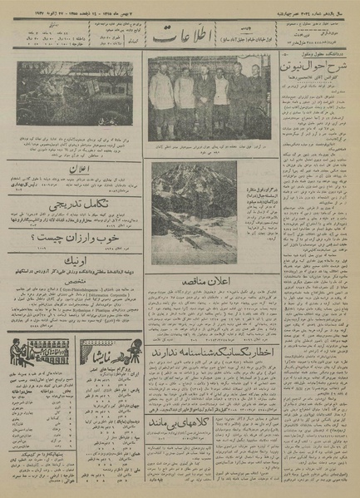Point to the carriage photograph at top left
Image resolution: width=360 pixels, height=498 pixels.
pyautogui.click(x=74, y=91)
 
